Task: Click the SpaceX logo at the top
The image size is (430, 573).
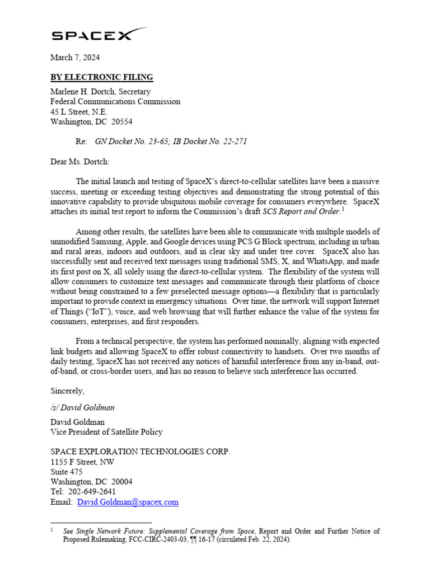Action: point(100,35)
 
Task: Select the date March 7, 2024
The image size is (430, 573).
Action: point(75,58)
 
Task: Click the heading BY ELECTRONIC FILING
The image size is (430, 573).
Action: point(101,77)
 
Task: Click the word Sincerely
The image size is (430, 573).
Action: point(67,390)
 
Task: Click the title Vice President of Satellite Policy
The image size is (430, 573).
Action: point(106,431)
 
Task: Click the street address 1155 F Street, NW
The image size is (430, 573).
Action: point(83,462)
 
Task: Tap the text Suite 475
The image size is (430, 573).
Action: point(66,472)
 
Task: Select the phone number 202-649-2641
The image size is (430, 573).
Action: point(91,492)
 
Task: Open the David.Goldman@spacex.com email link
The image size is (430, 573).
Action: point(128,502)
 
